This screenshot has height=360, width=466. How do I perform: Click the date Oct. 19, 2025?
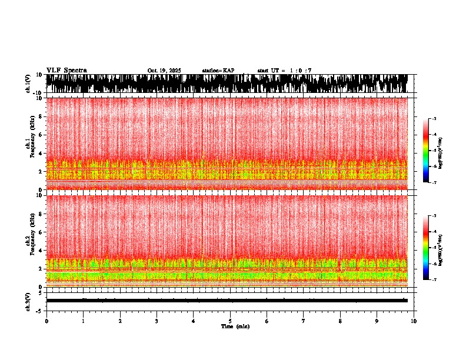pos(164,71)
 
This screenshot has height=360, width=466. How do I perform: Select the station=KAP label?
pos(218,71)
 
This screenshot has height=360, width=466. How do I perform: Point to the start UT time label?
pos(284,71)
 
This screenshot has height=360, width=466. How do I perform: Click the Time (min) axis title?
pos(235,326)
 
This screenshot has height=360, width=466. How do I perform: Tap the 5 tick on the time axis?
pos(230,321)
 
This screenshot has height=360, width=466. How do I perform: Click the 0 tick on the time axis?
pos(46,321)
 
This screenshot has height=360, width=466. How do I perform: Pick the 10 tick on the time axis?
pos(414,321)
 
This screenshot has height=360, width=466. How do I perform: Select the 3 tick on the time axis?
pos(157,321)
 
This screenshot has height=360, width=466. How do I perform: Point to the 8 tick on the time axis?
pos(340,321)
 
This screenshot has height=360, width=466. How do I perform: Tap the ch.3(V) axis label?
pos(28,301)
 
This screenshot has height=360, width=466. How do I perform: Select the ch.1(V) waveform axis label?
pos(28,84)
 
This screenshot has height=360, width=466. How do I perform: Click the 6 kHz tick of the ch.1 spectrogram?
pos(41,135)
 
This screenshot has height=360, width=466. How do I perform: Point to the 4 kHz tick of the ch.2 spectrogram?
pos(41,250)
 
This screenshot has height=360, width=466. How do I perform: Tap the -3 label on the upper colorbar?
pos(434,119)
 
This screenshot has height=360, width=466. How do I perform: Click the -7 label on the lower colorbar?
pos(434,279)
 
